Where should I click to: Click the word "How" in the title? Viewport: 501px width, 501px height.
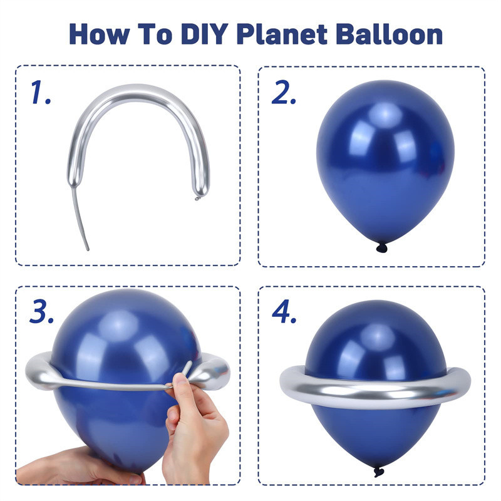(x=100, y=34)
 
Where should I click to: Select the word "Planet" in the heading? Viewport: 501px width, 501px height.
(x=282, y=34)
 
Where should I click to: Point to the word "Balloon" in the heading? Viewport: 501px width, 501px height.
(x=389, y=34)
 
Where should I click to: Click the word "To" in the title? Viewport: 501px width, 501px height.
(x=155, y=34)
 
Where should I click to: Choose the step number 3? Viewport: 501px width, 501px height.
(x=41, y=311)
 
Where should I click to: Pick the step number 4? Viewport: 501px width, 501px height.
(x=284, y=311)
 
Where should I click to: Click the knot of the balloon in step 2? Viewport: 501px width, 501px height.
(x=381, y=247)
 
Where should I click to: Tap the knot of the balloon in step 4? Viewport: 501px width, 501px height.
(x=379, y=472)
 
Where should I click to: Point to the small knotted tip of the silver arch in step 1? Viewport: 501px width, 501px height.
(x=197, y=199)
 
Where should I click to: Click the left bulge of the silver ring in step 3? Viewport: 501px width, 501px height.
(x=40, y=371)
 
